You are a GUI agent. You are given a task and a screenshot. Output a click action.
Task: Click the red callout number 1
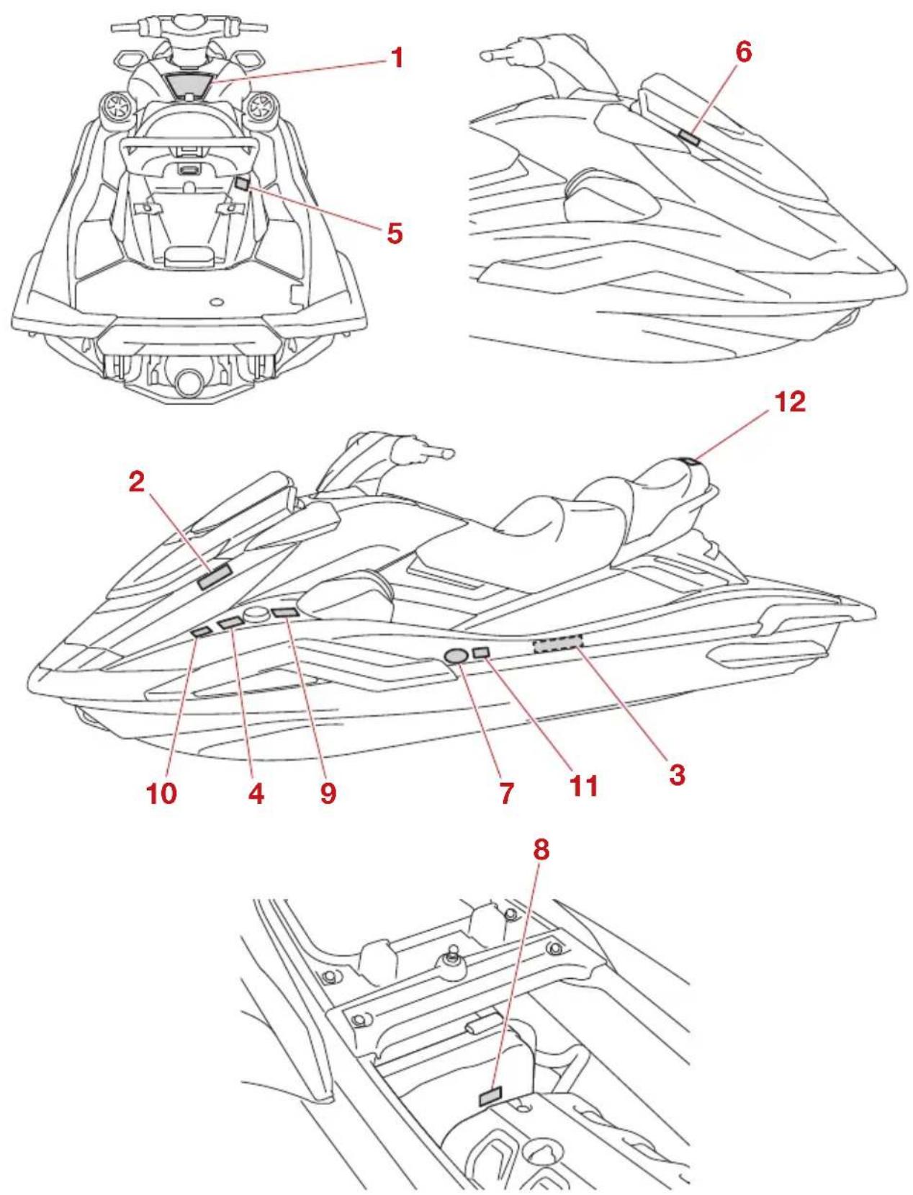point(397,58)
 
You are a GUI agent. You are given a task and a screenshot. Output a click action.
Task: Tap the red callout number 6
point(743,52)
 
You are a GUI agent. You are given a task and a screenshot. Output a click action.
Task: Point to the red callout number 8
point(541,850)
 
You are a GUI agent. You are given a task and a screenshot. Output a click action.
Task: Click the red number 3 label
point(677,775)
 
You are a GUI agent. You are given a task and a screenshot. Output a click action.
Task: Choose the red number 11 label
point(584,786)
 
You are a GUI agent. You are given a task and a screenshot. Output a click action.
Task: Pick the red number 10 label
point(161,793)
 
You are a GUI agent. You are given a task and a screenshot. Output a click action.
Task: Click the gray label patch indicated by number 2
point(215,577)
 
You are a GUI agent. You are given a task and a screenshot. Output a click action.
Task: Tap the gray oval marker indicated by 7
point(456,655)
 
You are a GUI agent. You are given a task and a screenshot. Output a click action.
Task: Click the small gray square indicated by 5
point(243,184)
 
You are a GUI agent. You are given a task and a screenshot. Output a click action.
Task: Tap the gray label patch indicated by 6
point(689,137)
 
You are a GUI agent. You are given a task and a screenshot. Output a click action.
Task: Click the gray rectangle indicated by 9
point(284,612)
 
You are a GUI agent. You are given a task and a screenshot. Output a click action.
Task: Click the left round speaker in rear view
point(116,107)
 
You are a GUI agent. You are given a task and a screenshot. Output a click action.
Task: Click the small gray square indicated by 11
point(481,653)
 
